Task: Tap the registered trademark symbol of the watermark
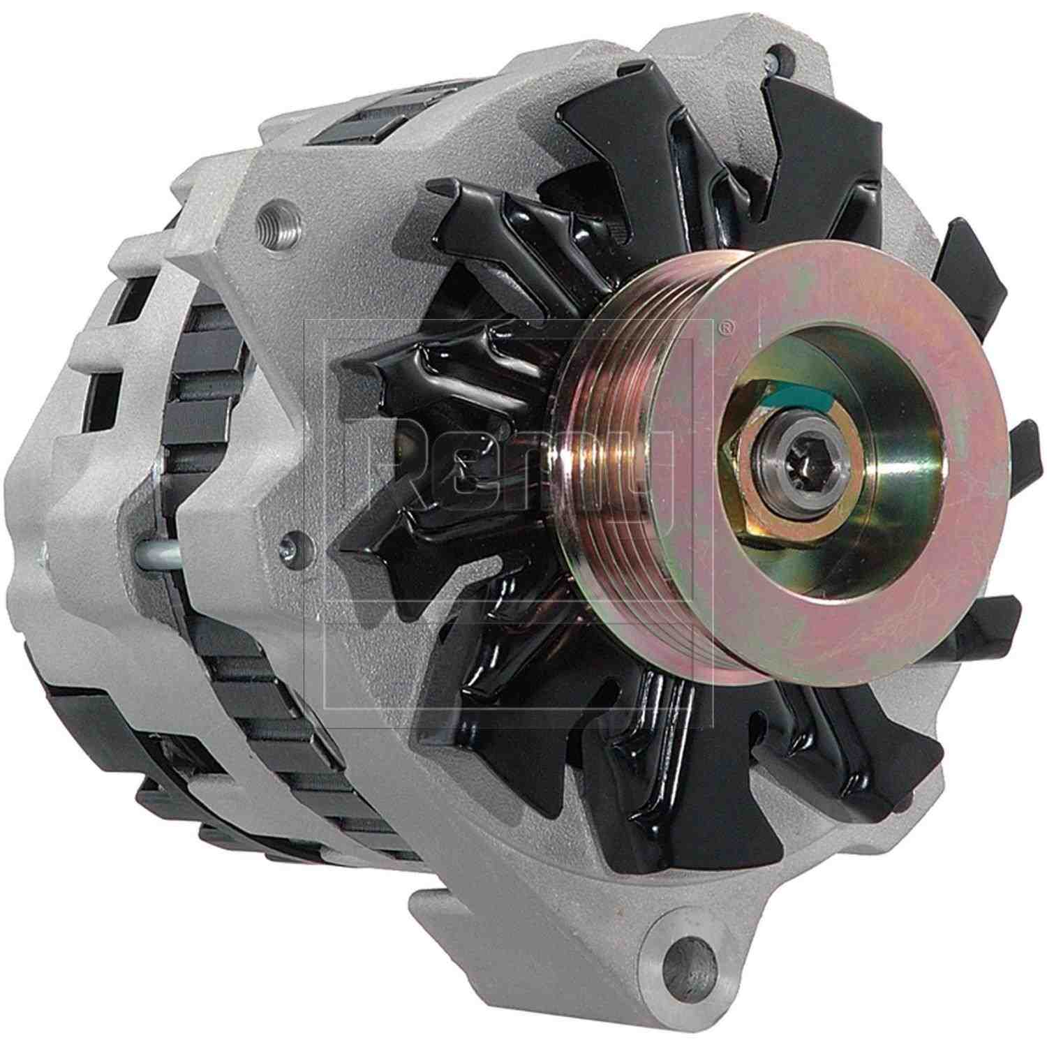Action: coord(728,325)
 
